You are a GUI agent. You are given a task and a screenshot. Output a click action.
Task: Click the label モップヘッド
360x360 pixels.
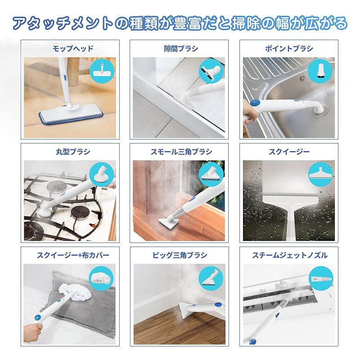(73, 49)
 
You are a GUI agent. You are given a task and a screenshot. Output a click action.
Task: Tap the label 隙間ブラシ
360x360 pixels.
(181, 49)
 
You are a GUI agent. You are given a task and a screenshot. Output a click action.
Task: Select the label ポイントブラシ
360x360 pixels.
(289, 49)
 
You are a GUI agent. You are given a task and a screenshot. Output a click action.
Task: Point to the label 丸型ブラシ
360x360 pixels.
(73, 152)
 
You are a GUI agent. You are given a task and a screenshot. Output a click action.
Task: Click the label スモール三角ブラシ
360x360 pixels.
(181, 152)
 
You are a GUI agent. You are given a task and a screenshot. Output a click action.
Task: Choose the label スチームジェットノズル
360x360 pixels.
(290, 255)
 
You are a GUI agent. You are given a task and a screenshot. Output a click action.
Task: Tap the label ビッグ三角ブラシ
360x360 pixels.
(180, 255)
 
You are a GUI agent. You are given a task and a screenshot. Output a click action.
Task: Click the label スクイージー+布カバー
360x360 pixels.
(73, 255)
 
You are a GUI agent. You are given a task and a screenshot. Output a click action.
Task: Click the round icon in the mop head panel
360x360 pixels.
(102, 71)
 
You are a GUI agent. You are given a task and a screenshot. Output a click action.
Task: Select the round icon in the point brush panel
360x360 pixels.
(320, 71)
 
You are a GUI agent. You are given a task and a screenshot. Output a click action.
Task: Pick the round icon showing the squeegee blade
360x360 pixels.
(320, 175)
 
